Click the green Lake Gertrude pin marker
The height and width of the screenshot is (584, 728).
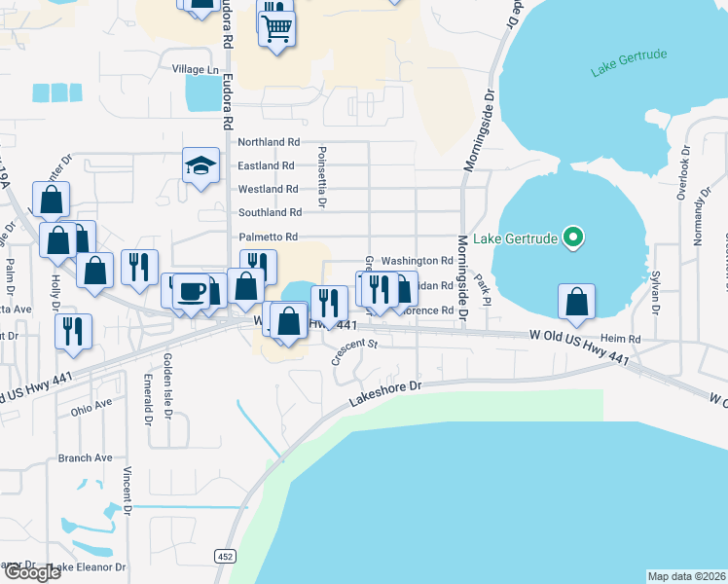pyautogui.click(x=573, y=237)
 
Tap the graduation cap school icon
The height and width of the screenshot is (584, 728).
pyautogui.click(x=200, y=165)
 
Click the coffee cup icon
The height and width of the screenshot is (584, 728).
pyautogui.click(x=192, y=291)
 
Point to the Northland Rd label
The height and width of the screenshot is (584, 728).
pyautogui.click(x=269, y=142)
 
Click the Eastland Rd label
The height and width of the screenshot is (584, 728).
pyautogui.click(x=267, y=165)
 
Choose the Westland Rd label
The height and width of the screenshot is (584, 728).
pyautogui.click(x=268, y=189)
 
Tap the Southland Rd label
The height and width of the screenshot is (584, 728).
pyautogui.click(x=270, y=212)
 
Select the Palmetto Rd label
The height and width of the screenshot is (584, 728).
pyautogui.click(x=268, y=237)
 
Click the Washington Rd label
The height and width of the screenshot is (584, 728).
pyautogui.click(x=417, y=261)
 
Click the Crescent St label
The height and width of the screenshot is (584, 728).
pyautogui.click(x=353, y=350)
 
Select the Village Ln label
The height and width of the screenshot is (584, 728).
pyautogui.click(x=196, y=70)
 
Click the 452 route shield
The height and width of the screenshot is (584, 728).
pyautogui.click(x=225, y=556)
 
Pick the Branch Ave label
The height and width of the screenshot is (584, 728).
pyautogui.click(x=86, y=457)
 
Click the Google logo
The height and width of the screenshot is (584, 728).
pyautogui.click(x=32, y=573)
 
